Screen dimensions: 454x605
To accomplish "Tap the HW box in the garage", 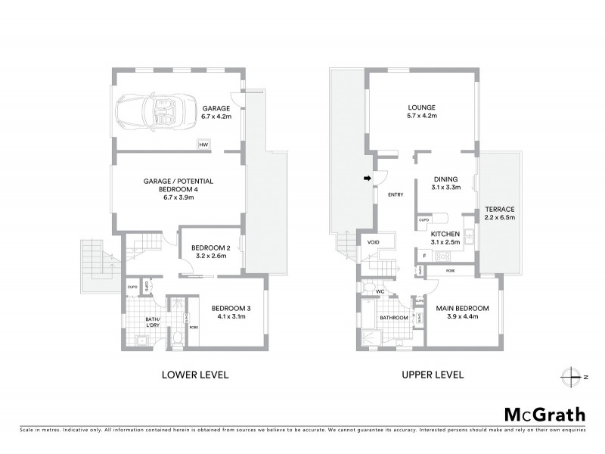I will pos(203,145).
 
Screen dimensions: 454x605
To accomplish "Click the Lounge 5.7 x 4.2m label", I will pos(421,112).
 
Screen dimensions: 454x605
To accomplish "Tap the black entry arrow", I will pos(368,179).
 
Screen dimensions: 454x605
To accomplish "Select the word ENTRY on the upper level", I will pos(396,195).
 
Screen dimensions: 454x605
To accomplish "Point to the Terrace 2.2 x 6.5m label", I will pos(499,213).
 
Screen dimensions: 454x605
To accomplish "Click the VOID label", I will pos(373,242).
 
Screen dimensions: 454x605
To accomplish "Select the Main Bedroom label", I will pos(463,313).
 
